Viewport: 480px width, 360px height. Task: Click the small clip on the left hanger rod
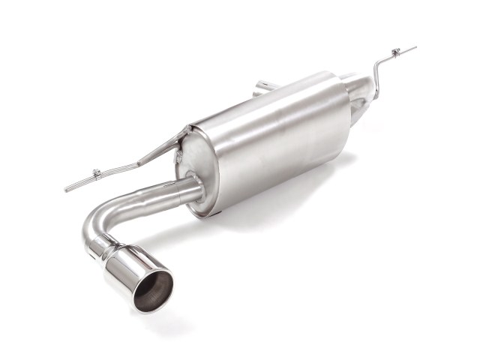click(x=97, y=175)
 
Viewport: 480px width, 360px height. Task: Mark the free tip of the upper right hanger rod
click(x=414, y=48)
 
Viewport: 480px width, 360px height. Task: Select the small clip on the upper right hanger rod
click(x=396, y=53)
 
